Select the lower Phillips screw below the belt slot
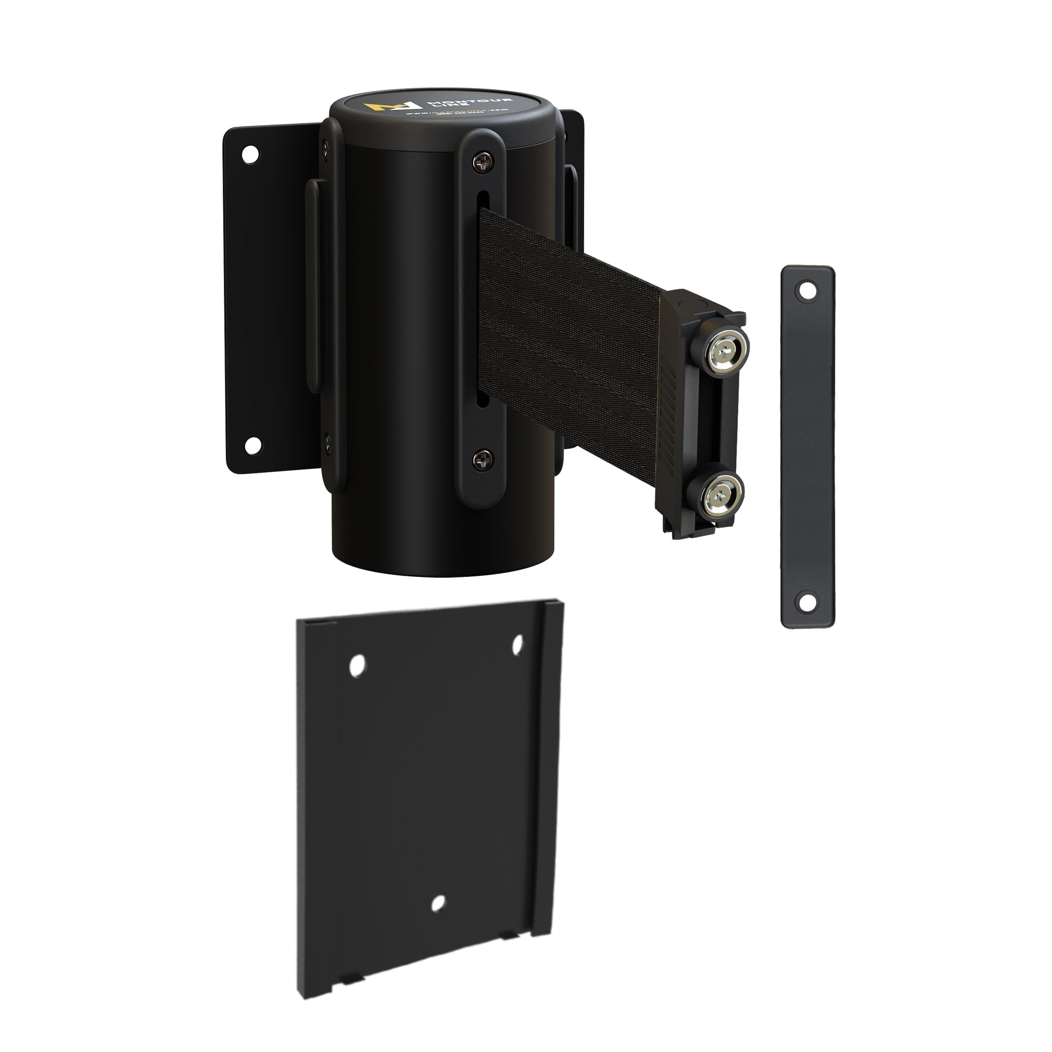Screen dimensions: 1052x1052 (x=482, y=461)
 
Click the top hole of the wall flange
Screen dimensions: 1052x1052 (x=250, y=154)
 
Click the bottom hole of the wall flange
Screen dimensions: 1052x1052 (x=252, y=446)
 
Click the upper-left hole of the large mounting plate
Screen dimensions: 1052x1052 (x=357, y=665)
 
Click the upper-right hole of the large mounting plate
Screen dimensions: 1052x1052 (x=518, y=644)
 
